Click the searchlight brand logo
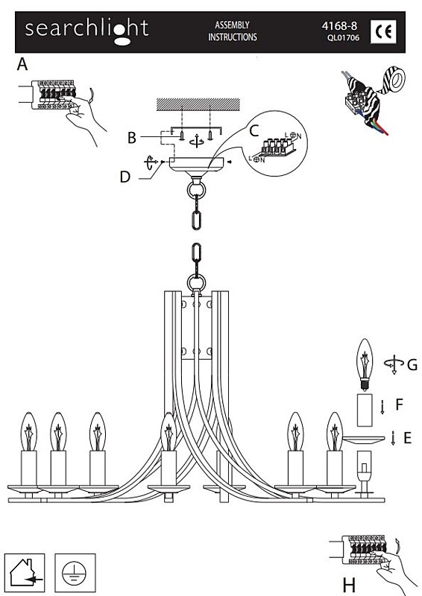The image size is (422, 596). click(86, 31)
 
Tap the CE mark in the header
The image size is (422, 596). click(383, 31)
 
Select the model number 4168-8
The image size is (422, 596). click(339, 26)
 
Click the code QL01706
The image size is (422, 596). click(343, 38)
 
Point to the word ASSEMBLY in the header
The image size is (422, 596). click(232, 25)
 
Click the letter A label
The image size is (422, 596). click(22, 64)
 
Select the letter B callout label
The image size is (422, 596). click(132, 138)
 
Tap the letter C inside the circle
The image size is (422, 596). click(254, 131)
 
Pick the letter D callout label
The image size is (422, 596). click(125, 177)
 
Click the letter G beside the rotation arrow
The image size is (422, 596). click(412, 365)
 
